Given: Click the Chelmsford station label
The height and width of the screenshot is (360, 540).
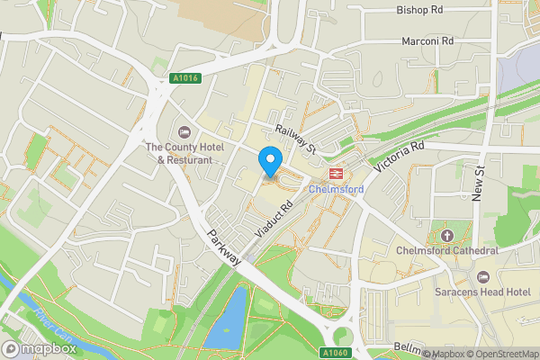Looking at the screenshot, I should click(336, 190).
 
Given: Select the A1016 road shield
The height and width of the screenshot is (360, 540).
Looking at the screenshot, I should click(184, 78).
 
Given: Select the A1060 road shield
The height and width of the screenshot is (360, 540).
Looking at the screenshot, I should click(334, 352).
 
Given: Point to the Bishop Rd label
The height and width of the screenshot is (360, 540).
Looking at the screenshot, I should click(419, 11).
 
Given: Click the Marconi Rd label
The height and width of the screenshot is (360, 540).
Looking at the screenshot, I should click(426, 41).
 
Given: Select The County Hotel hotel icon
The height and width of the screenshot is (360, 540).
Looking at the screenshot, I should click(184, 133).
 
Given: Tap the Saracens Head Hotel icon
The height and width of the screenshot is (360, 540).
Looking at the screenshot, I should click(483, 275).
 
